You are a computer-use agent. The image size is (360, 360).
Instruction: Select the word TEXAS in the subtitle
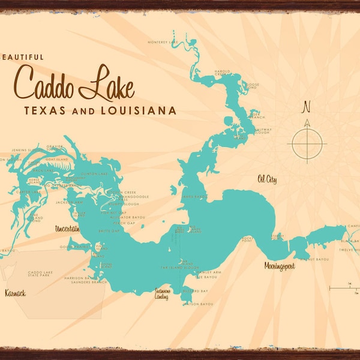point(43,110)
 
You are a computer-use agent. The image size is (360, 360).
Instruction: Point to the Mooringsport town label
point(280,265)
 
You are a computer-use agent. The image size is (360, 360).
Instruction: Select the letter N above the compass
point(307,108)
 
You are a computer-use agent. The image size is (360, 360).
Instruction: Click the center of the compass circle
point(307,143)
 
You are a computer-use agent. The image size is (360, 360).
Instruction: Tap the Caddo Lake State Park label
point(40,275)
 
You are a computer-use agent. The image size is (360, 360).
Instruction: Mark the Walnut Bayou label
point(317,259)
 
